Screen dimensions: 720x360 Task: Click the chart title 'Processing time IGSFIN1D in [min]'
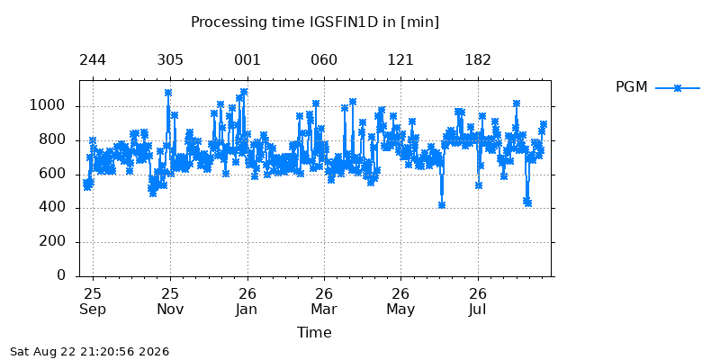315,22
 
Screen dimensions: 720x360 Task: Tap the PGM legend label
632,86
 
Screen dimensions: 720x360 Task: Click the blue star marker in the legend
678,87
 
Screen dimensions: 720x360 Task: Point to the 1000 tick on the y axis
49,106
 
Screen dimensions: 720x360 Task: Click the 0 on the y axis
62,275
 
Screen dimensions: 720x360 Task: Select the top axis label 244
93,60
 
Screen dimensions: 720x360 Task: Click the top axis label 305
170,60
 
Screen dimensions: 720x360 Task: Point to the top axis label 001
247,60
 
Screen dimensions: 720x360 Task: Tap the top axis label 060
324,60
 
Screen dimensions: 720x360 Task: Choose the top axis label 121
400,60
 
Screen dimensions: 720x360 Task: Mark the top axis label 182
478,60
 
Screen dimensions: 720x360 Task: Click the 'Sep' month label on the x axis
93,310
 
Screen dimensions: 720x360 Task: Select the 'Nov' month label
170,309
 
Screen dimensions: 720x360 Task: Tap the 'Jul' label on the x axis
477,309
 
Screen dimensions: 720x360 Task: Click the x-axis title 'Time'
314,332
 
